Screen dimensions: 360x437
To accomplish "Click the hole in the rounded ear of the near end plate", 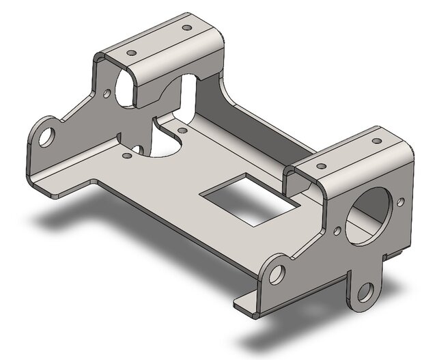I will click(277, 275).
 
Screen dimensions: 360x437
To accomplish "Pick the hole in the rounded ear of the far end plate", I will click(46, 137).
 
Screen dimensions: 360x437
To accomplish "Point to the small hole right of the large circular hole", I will click(399, 202).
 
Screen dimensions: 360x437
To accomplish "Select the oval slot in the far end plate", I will click(125, 87).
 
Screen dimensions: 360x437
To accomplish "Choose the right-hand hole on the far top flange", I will click(185, 29).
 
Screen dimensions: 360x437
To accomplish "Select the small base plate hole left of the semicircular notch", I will click(127, 155).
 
